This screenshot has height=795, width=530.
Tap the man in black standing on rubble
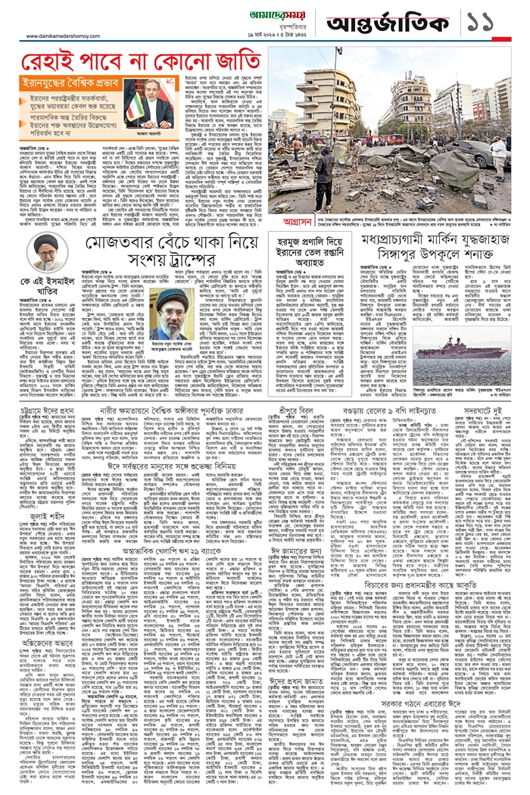pos(324,185)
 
